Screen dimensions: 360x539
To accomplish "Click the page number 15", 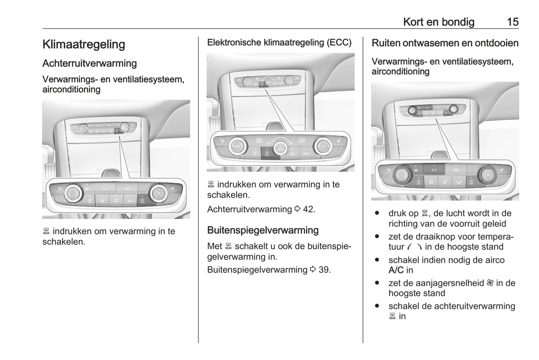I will (512, 22).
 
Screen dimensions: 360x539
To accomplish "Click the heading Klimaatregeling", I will (84, 44).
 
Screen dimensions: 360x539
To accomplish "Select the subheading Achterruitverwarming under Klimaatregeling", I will (90, 63).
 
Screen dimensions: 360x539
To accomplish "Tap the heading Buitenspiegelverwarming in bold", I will (263, 230).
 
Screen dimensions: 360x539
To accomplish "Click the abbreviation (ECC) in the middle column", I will (339, 43).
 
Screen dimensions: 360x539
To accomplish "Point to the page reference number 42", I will (308, 209).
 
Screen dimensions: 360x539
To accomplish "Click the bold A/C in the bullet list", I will (396, 270).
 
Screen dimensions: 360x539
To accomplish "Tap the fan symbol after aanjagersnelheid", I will (490, 283).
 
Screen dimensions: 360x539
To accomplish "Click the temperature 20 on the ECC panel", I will (258, 141).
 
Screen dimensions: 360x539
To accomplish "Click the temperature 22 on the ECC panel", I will (302, 141).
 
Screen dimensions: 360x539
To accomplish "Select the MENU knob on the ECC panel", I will (237, 146).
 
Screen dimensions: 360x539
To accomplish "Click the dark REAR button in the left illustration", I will (142, 200).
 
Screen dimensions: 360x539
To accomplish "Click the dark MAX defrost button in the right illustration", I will (419, 182).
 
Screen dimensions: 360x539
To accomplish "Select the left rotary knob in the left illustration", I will (73, 193).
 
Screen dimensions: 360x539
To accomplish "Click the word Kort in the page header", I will (413, 22).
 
